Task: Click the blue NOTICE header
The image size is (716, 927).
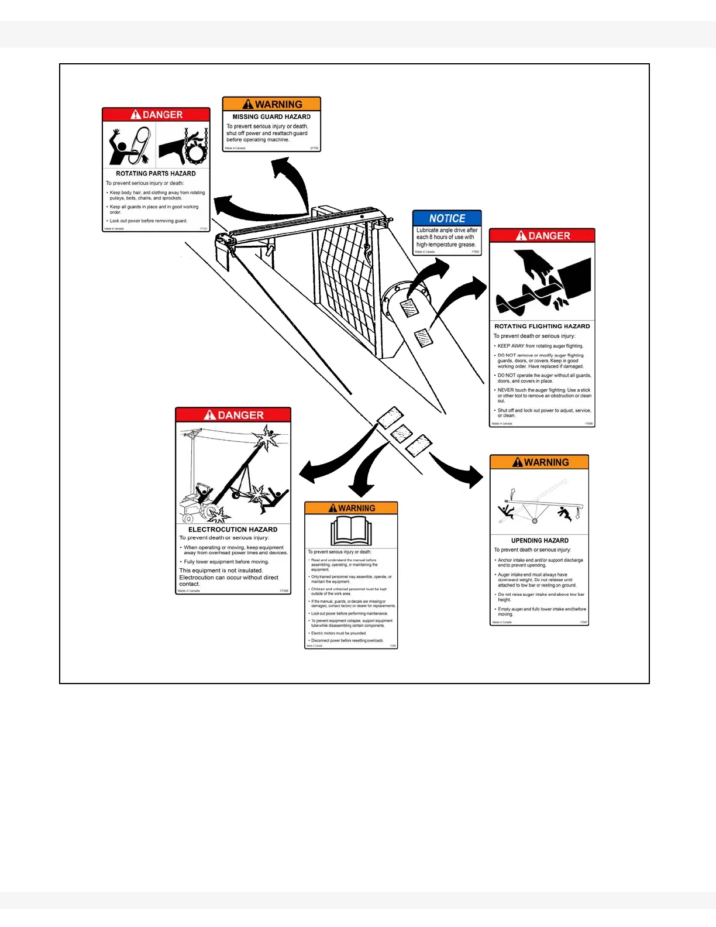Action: [447, 218]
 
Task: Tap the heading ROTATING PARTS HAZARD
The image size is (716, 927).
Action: [156, 174]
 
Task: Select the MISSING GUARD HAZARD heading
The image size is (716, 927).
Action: [271, 117]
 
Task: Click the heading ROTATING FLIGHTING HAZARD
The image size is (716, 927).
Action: [542, 327]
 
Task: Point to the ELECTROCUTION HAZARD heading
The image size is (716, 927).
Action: [233, 530]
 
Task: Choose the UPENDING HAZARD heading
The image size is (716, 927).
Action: [539, 541]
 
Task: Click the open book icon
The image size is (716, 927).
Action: [351, 531]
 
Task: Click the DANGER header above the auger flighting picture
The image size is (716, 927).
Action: [542, 236]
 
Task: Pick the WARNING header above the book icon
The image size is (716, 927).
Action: [351, 508]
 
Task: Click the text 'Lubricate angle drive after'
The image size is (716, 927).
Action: [447, 231]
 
